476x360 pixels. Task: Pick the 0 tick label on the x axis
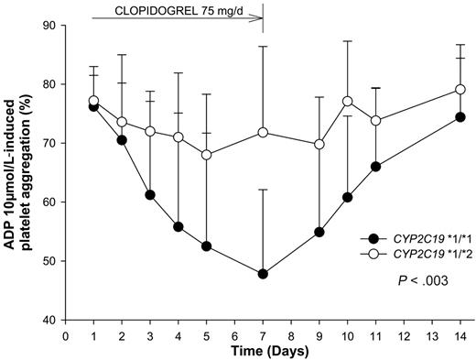[x=65, y=335]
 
